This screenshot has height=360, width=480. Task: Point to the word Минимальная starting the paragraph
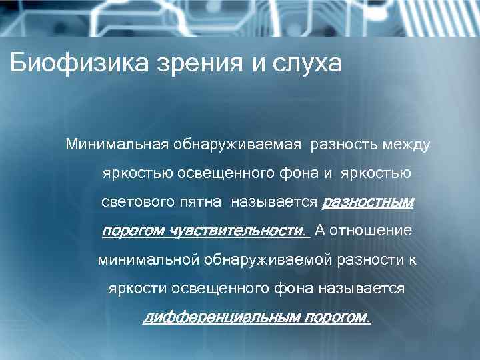[117, 144]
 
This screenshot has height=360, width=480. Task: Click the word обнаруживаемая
[240, 144]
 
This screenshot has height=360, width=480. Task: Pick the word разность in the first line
[347, 144]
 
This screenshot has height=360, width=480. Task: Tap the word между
[409, 144]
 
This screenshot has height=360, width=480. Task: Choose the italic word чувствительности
[239, 231]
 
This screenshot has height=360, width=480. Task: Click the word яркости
[137, 289]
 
